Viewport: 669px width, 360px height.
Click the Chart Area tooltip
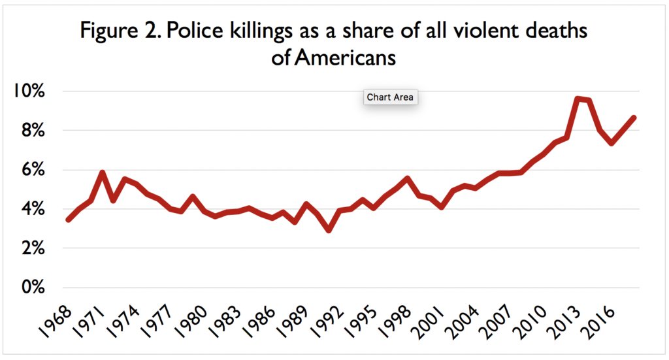coord(389,97)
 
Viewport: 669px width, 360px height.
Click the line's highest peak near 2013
coord(578,99)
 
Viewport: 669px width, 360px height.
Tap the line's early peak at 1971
coord(102,173)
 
